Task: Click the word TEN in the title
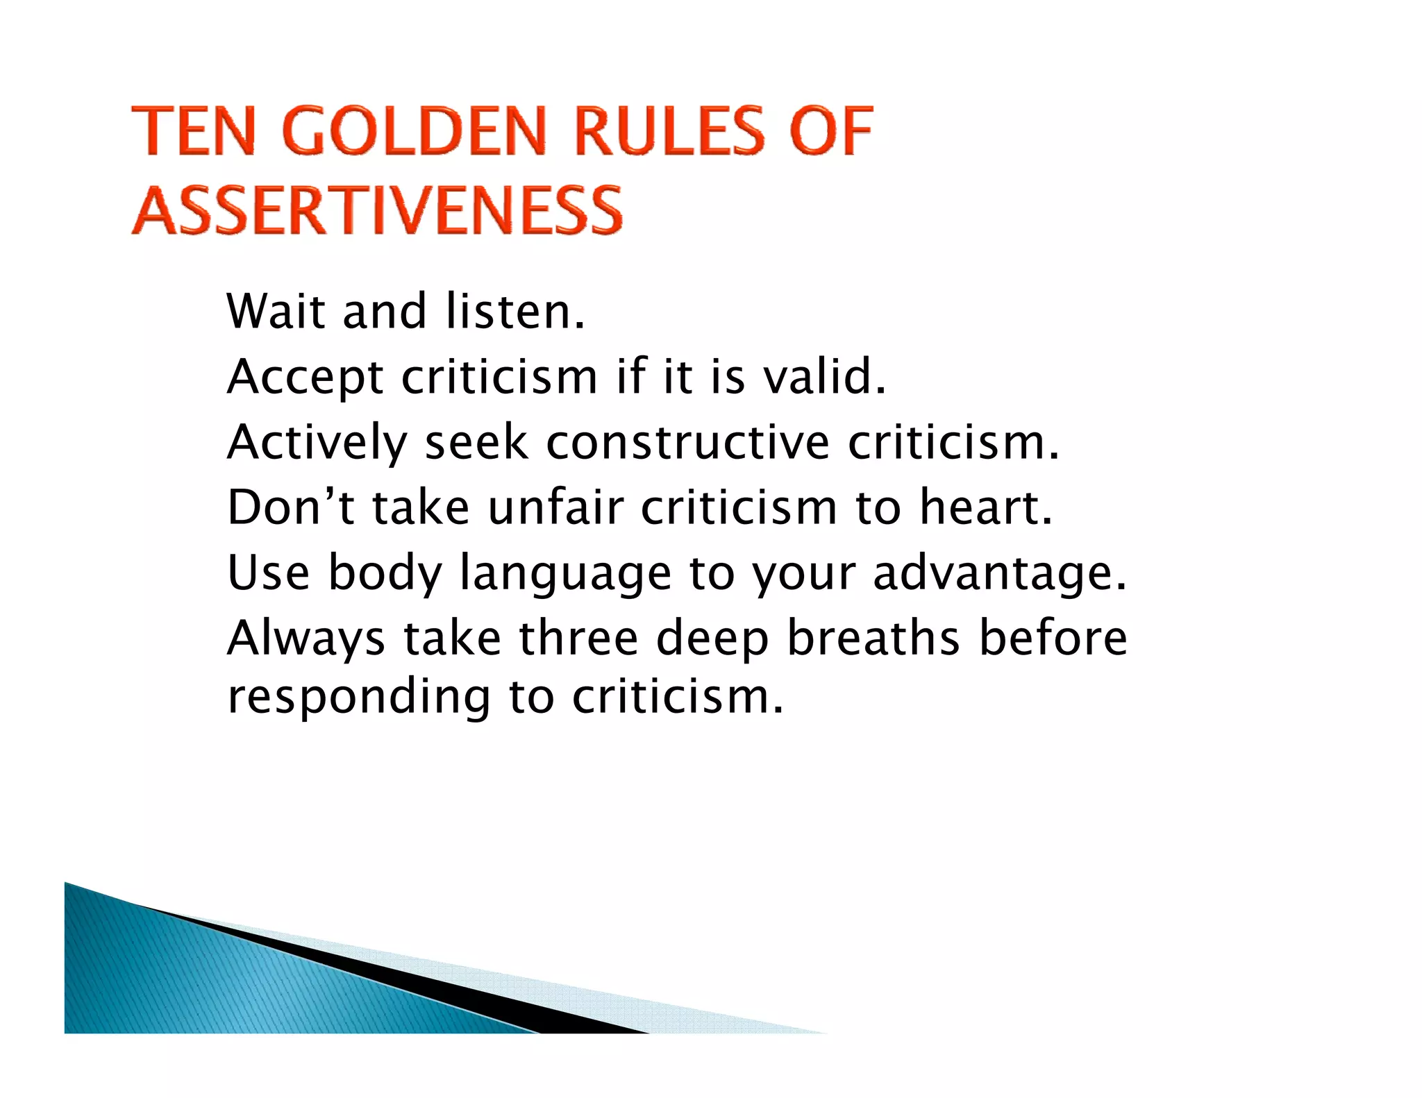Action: coord(194,131)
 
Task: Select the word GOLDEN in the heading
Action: coord(415,131)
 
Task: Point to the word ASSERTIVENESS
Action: coord(377,210)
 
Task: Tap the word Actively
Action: coord(317,444)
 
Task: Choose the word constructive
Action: coord(687,442)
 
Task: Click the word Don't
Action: coord(291,507)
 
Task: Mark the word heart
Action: coord(986,507)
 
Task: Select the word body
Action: coord(385,574)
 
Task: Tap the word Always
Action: coord(306,639)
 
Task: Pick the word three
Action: coord(578,638)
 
